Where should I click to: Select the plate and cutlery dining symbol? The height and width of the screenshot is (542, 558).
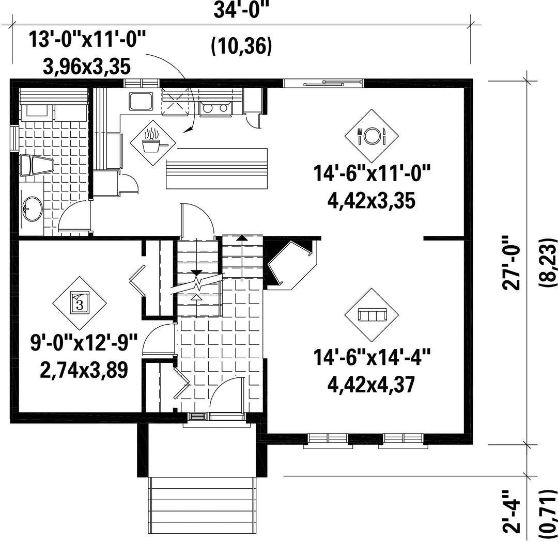[x=371, y=136]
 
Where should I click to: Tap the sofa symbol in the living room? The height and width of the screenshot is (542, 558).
[x=371, y=315]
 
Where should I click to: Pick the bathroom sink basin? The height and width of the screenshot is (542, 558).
[x=32, y=209]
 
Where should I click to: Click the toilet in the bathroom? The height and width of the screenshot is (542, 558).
[x=36, y=165]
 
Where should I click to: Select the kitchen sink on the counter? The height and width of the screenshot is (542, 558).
[x=141, y=101]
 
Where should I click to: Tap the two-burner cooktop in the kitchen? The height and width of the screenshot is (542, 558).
[x=215, y=108]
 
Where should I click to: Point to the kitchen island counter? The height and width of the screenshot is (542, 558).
[x=216, y=168]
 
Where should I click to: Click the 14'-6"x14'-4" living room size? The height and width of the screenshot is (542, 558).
[x=371, y=357]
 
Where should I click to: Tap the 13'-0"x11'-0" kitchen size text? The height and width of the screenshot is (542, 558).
[x=87, y=39]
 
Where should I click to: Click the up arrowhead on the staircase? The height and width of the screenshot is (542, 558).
[x=242, y=238]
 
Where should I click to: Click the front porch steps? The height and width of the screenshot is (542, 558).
[x=202, y=508]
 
